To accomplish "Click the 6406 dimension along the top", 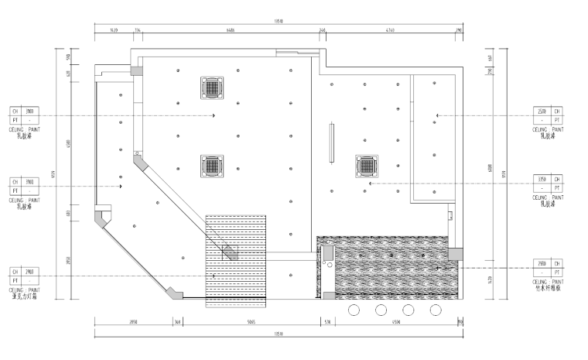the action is (230, 29).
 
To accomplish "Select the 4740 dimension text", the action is (390, 29).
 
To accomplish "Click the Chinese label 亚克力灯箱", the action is (26, 295).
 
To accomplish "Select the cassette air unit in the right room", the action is (367, 166).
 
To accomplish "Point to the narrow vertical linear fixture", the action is (331, 142).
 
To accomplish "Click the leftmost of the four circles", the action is (354, 310).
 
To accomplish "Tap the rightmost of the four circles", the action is (436, 310).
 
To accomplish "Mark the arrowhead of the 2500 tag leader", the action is (437, 116).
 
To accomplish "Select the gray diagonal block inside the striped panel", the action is (231, 252).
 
